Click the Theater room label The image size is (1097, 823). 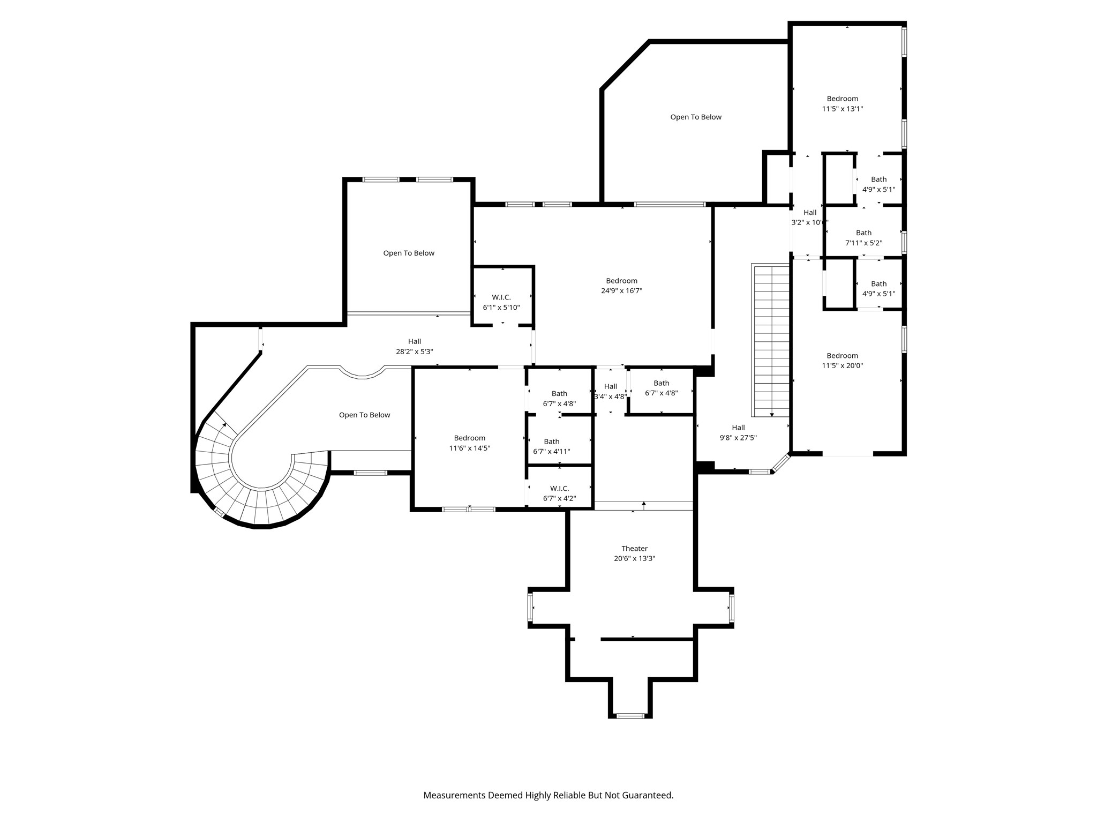click(x=635, y=553)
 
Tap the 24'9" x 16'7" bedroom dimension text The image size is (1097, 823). click(x=621, y=291)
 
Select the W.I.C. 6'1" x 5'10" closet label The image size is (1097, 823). click(x=501, y=302)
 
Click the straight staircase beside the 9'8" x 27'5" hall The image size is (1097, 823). click(x=771, y=341)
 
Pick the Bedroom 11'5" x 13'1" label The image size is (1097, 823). click(x=843, y=103)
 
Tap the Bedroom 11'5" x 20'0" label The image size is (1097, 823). click(x=843, y=361)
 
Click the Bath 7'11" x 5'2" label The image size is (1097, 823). click(x=863, y=238)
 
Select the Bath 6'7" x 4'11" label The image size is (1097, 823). click(x=552, y=446)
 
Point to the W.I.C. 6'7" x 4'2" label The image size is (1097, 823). click(x=559, y=493)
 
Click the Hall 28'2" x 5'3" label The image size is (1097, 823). click(x=415, y=346)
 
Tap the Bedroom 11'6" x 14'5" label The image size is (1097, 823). click(x=470, y=443)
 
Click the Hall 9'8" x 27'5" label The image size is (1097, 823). click(x=738, y=432)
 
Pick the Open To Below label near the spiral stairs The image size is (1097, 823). click(x=364, y=415)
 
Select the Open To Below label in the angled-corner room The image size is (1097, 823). click(x=696, y=117)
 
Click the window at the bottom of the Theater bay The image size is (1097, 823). click(x=630, y=715)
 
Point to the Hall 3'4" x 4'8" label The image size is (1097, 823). click(x=610, y=392)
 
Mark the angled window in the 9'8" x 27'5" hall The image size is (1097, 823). click(x=780, y=463)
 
